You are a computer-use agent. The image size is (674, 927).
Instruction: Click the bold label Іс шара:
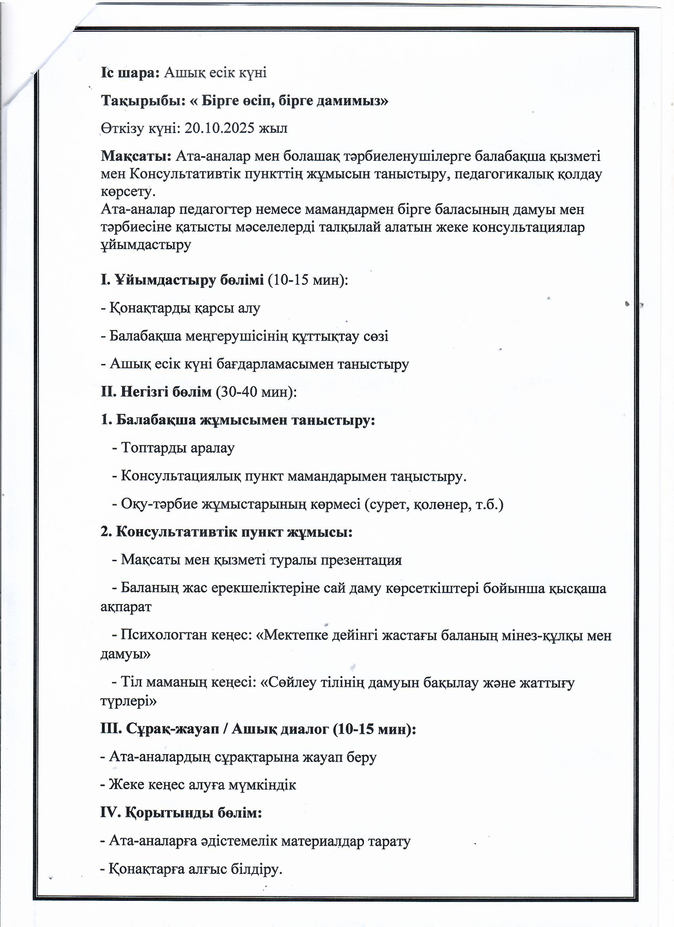(130, 72)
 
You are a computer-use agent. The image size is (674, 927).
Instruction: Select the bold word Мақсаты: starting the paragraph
(136, 156)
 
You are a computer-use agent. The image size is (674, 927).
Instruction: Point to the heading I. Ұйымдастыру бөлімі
(182, 280)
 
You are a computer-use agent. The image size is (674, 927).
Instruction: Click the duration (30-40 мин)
(256, 392)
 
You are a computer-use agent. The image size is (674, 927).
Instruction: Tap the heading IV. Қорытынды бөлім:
(181, 812)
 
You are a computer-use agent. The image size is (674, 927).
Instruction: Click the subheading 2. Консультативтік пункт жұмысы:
(226, 532)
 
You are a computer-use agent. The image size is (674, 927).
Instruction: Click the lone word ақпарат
(126, 607)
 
